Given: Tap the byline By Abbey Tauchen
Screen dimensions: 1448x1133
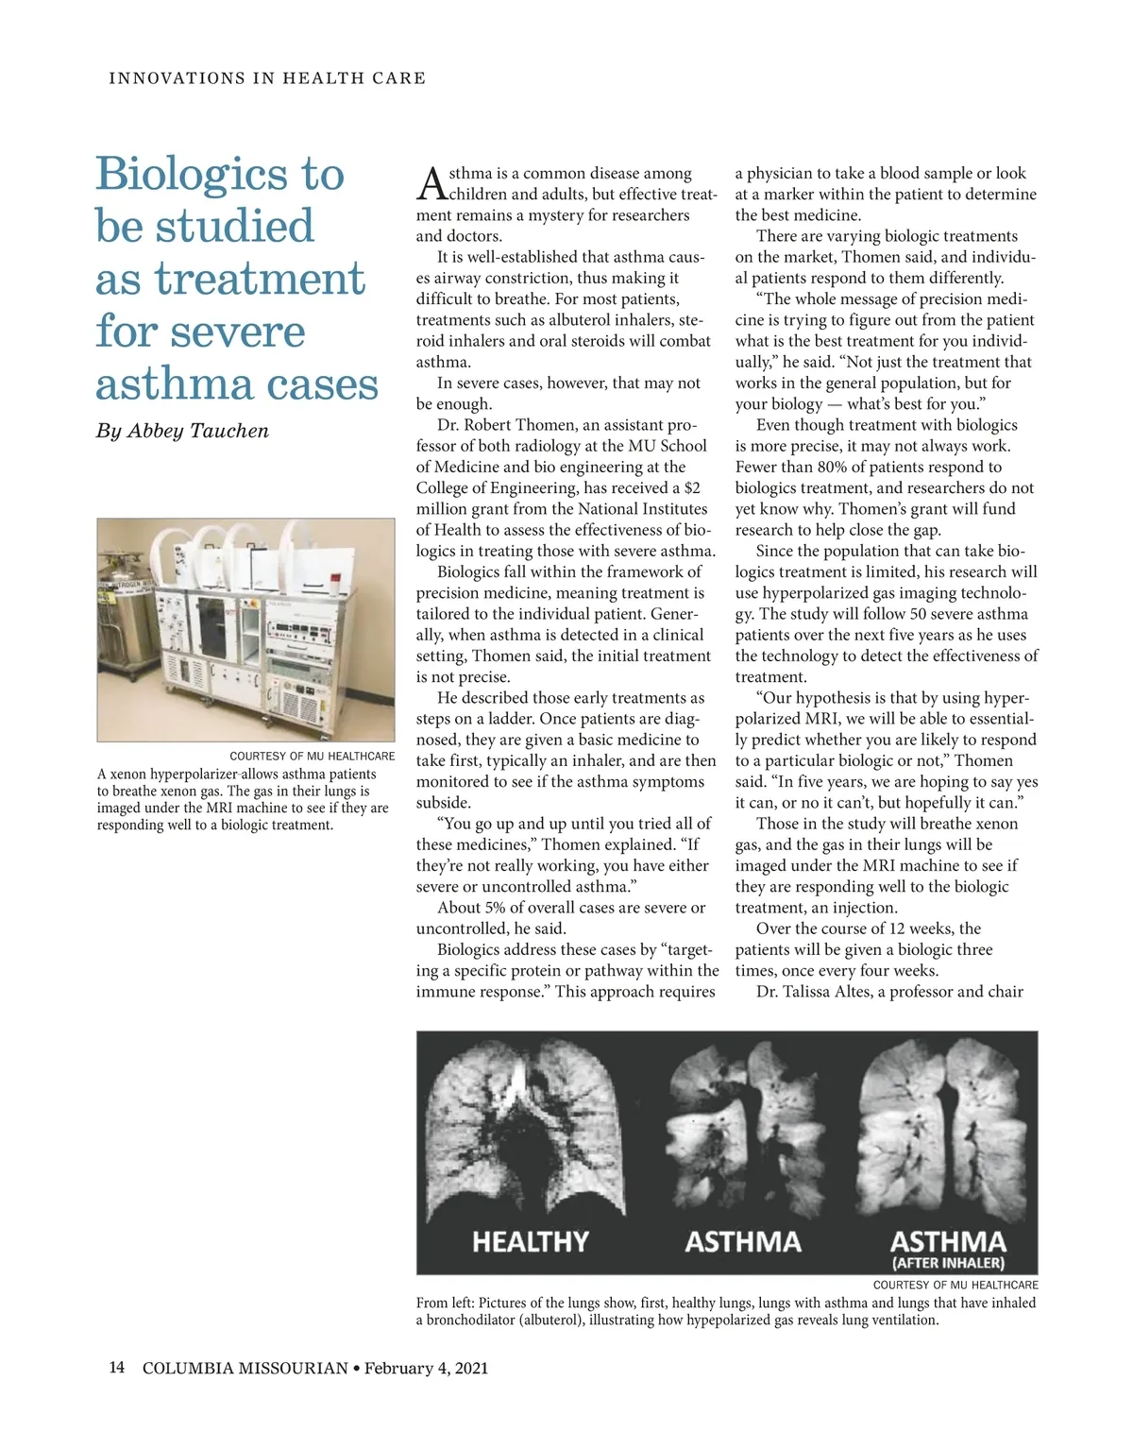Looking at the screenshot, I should tap(182, 431).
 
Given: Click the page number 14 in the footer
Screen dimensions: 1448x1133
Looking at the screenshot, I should tap(117, 1368).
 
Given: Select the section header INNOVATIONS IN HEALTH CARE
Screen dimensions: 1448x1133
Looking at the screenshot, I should tap(267, 78).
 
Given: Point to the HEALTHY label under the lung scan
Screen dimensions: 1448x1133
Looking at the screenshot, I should tap(530, 1241).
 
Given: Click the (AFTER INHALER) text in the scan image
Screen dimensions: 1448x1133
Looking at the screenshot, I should tap(948, 1263).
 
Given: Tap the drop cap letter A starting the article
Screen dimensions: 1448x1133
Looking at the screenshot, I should tap(431, 183).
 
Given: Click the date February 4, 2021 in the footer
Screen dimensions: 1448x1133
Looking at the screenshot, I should tap(426, 1368).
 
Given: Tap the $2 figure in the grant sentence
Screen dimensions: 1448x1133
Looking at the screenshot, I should tap(692, 488).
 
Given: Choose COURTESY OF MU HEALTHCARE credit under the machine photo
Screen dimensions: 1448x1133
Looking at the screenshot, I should tap(312, 756).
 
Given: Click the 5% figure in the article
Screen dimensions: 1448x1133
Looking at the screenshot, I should tap(496, 908).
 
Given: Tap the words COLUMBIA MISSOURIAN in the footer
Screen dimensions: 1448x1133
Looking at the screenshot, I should tap(245, 1368).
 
